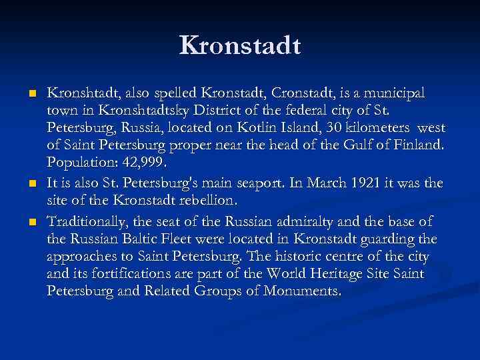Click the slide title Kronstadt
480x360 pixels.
(240, 46)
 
